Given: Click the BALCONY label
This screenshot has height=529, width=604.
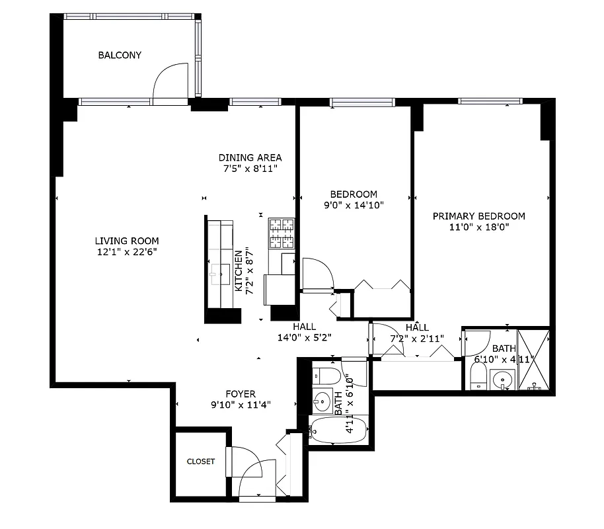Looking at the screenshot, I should click(120, 56).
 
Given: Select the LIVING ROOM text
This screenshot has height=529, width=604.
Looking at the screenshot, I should click(126, 241).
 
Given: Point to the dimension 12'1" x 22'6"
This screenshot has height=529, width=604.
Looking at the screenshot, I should click(126, 252).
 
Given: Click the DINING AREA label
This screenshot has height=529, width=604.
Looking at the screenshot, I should click(250, 157).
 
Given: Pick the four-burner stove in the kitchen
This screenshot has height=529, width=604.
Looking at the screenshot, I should click(282, 233).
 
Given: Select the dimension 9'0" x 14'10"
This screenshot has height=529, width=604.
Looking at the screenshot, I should click(354, 205).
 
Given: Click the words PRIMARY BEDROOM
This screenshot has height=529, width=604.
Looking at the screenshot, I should click(478, 216).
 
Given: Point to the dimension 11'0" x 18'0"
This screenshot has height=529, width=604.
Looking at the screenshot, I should click(478, 227).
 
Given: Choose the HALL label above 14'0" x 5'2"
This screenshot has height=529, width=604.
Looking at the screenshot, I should click(304, 327).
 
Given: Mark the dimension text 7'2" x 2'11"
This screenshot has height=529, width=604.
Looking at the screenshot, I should click(417, 339).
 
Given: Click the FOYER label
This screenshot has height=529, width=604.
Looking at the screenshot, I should click(241, 394).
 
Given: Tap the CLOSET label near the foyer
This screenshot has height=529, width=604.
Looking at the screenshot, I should click(200, 462).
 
